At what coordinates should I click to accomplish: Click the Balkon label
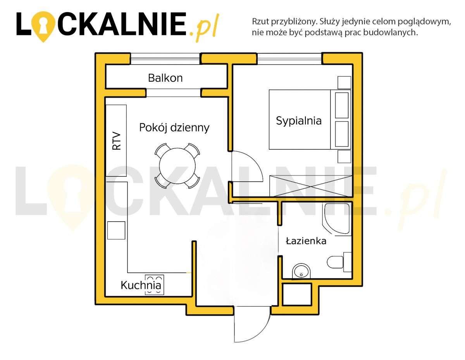coord(165,78)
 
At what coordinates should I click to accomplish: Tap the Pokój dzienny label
coord(174,127)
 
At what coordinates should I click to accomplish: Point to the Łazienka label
coord(306,241)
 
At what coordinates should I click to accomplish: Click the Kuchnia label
coord(141,286)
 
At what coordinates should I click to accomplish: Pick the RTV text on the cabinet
coord(116,141)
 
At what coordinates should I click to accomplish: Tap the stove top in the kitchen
coord(154,285)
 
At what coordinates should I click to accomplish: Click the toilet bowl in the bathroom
coord(335,262)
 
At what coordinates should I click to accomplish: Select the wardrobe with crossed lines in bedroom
coord(310,186)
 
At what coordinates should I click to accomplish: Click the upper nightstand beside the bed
coord(344,83)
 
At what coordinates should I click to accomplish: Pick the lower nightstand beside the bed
coord(344,157)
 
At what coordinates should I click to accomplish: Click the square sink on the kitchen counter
coord(116,230)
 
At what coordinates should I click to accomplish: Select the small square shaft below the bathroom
coord(297,294)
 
